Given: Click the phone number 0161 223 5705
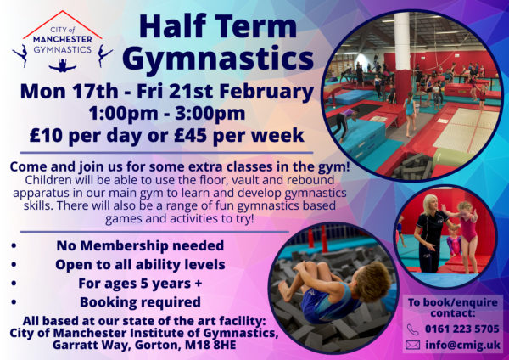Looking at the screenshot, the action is [x=462, y=329].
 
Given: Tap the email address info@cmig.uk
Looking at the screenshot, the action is [x=463, y=345].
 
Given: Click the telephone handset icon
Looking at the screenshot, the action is [x=412, y=329].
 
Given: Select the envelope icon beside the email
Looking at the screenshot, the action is [x=412, y=345].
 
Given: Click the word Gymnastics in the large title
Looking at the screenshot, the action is [x=218, y=59].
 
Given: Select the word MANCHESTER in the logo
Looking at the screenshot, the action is [x=63, y=39].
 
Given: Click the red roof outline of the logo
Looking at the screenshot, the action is [x=62, y=24].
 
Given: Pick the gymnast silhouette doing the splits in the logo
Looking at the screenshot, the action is [x=63, y=65].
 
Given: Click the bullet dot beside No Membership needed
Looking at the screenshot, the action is [x=14, y=245].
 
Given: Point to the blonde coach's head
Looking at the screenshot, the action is [x=430, y=204].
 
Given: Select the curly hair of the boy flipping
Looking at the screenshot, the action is [x=376, y=279].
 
